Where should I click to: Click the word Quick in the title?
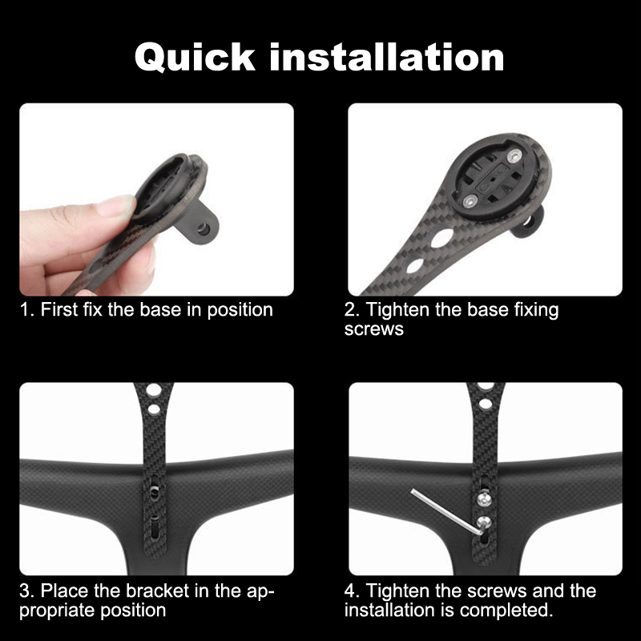[195, 58]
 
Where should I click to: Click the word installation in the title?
[386, 57]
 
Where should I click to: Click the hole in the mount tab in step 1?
[202, 229]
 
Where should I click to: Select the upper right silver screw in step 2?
[514, 155]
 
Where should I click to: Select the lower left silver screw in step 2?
[470, 200]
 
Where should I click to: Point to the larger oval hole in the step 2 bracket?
[442, 238]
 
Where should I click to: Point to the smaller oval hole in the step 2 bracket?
[415, 266]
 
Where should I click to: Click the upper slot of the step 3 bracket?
[154, 488]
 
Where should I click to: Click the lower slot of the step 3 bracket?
[155, 526]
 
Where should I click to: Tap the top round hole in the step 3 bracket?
[154, 390]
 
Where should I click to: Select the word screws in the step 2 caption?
[373, 329]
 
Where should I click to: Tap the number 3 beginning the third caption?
[25, 591]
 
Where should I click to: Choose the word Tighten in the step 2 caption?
[397, 310]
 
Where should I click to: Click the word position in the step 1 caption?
[240, 311]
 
